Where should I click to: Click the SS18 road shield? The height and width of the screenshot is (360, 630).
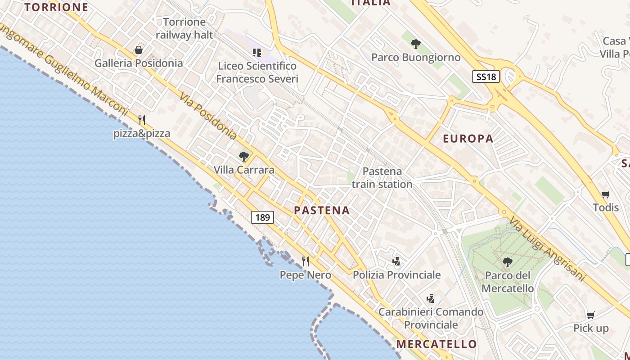pos(486,76)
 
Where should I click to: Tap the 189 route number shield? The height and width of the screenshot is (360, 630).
pos(262,218)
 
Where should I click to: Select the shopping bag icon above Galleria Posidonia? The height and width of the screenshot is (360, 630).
pos(139,50)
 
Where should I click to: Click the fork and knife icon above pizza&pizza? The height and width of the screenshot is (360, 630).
pos(142,120)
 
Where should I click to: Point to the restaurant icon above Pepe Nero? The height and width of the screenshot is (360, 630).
pos(306,261)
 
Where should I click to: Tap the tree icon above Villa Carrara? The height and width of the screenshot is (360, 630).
pos(244,157)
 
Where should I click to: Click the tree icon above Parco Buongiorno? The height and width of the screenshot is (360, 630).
pos(416,44)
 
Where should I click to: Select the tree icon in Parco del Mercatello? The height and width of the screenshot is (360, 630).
pos(508,262)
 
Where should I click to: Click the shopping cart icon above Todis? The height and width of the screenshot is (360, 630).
pos(606,194)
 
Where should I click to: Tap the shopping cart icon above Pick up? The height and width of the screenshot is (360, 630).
pos(591,315)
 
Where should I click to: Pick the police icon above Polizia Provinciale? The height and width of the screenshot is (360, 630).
pos(396,261)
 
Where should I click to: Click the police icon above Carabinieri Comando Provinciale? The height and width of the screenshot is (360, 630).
pos(431,298)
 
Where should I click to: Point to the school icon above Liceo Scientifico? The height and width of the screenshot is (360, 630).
pos(257,53)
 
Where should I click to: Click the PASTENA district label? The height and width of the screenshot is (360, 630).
pos(322,210)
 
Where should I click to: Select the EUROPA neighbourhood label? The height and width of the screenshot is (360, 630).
pos(468,139)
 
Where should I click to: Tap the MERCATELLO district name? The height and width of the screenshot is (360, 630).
pos(436,344)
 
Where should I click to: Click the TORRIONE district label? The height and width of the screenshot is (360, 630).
pos(56,7)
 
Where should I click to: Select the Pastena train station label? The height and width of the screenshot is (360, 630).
pos(382,178)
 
